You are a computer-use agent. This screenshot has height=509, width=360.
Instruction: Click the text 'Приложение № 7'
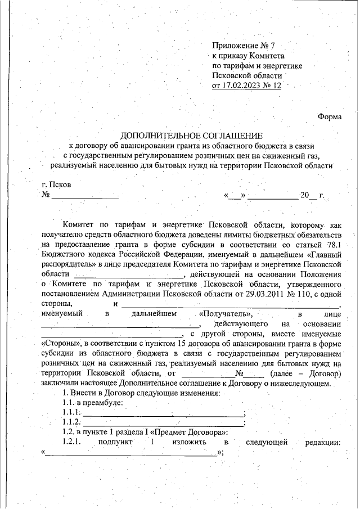[240, 46]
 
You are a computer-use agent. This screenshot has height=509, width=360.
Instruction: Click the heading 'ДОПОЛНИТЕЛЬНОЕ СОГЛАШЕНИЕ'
[191, 136]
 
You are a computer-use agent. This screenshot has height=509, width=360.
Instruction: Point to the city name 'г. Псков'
[57, 185]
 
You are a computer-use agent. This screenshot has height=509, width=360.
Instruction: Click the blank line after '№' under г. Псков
[85, 196]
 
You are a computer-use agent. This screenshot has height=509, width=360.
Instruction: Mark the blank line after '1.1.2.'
[163, 422]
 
